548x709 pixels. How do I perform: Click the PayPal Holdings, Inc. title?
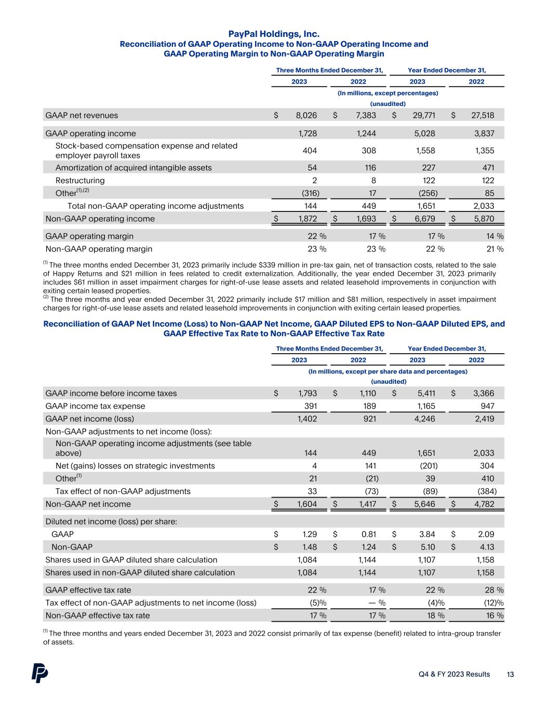[274, 34]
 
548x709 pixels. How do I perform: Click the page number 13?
[510, 674]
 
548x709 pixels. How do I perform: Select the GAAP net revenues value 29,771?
[424, 115]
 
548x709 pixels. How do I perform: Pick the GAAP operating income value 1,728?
[308, 133]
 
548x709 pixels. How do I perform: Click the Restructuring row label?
[80, 180]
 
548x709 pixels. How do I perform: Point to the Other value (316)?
[308, 193]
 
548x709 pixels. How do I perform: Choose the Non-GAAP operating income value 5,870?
[484, 219]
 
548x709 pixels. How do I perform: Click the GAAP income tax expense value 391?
[310, 406]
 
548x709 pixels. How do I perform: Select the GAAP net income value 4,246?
[424, 419]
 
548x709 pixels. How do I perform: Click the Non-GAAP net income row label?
[88, 504]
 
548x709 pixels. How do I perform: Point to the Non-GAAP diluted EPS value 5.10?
[427, 546]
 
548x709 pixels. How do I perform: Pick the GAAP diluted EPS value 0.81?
[368, 534]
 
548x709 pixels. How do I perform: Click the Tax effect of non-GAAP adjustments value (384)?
[486, 491]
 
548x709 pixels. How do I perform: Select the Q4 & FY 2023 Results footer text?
[455, 674]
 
